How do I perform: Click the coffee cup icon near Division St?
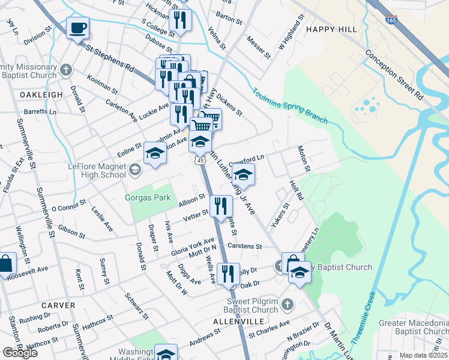(x=77, y=28)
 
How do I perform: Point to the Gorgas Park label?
(x=148, y=197)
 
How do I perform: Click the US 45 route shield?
(x=200, y=161)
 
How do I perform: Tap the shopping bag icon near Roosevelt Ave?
(x=6, y=264)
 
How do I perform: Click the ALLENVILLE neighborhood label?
(x=235, y=322)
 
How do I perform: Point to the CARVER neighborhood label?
(x=59, y=305)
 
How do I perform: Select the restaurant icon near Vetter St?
(x=220, y=207)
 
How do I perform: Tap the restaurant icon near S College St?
(x=179, y=20)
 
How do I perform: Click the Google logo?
(x=20, y=353)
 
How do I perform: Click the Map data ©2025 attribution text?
(x=423, y=355)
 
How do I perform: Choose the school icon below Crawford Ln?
(x=243, y=175)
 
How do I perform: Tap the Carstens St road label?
(x=245, y=246)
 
